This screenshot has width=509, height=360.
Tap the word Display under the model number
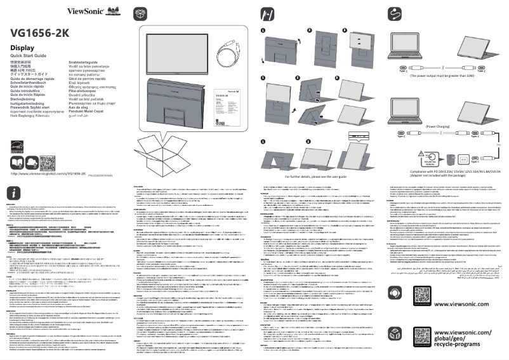[22, 48]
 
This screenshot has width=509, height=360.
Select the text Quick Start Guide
[30, 57]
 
